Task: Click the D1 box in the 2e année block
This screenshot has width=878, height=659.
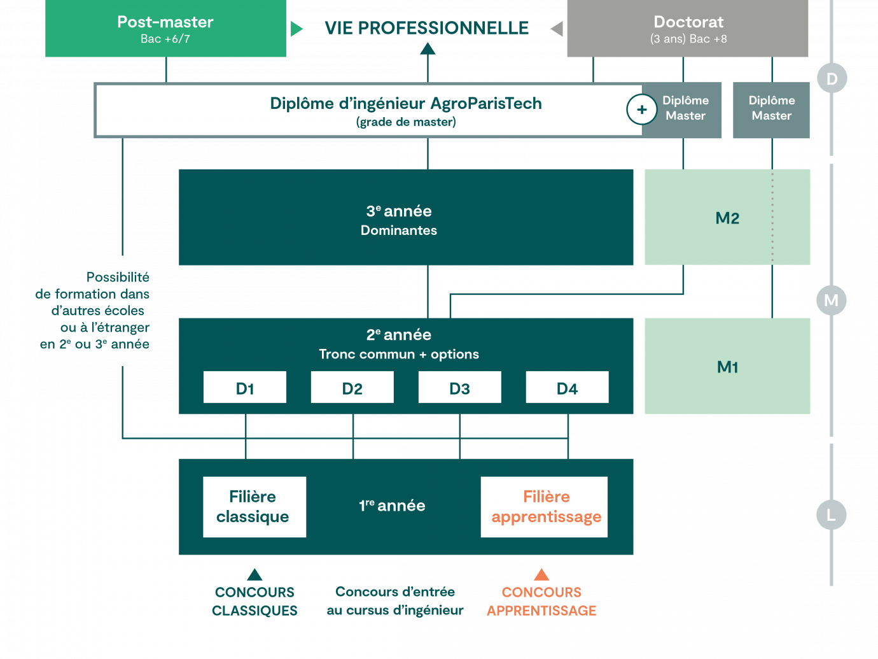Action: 245,388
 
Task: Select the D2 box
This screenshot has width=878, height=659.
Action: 352,388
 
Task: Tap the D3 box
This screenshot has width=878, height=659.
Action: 459,388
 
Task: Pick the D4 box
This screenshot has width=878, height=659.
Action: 567,388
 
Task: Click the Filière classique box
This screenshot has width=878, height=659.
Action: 254,507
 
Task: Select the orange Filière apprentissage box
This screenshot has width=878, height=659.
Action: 545,507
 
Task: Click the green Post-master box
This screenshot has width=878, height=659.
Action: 165,29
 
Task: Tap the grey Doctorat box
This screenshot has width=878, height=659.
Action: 688,29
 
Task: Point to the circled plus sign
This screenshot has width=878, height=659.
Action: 641,110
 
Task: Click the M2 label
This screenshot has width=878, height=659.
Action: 727,218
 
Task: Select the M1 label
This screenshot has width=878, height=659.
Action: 727,367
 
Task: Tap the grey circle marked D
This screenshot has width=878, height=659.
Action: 832,78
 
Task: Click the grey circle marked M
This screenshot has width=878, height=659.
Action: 832,300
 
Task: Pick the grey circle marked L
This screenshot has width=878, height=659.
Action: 832,514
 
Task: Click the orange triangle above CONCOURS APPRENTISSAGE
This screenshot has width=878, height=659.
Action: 541,575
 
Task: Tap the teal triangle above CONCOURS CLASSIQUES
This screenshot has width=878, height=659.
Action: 254,575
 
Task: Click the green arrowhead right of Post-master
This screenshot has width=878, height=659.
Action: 296,29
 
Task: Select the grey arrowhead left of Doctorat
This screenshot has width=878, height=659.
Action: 557,29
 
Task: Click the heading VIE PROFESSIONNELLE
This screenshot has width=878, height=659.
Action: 426,28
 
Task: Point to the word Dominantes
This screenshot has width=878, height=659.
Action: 399,230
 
